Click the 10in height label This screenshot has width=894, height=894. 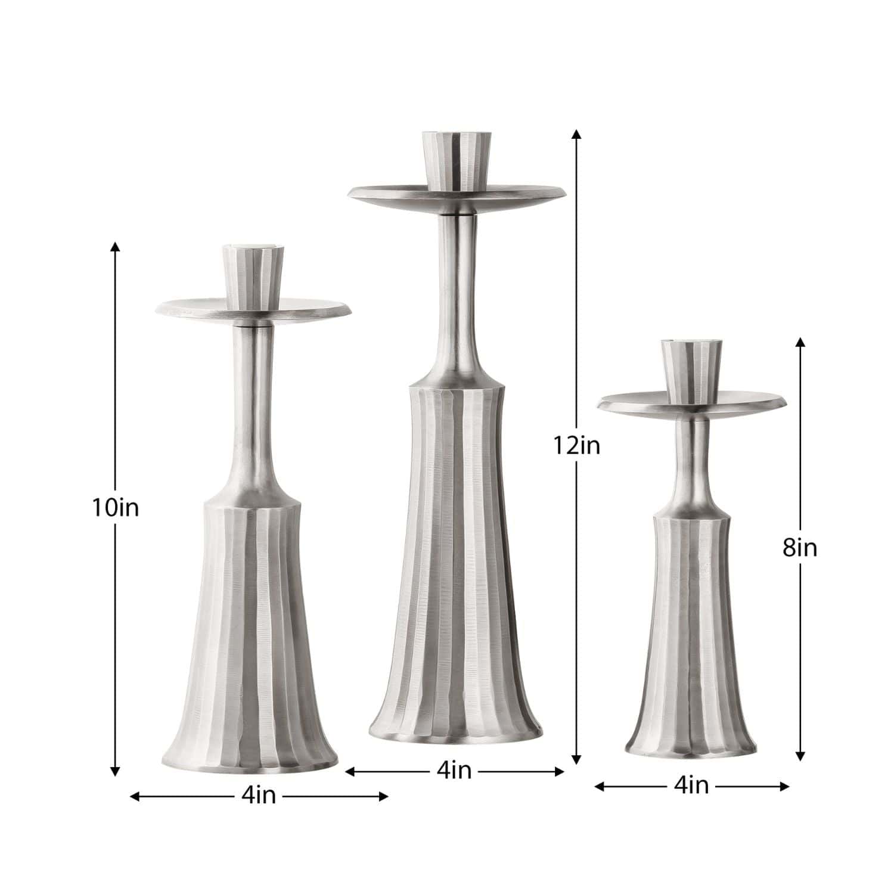tap(115, 508)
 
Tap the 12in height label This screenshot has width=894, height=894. tap(576, 445)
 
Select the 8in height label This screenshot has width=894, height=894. tap(800, 548)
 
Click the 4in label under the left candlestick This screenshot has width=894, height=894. tap(259, 795)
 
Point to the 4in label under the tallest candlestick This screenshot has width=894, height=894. tap(454, 771)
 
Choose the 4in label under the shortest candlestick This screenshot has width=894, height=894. tap(691, 786)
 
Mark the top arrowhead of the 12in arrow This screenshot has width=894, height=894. tap(576, 134)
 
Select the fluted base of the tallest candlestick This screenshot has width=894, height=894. tap(456, 566)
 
